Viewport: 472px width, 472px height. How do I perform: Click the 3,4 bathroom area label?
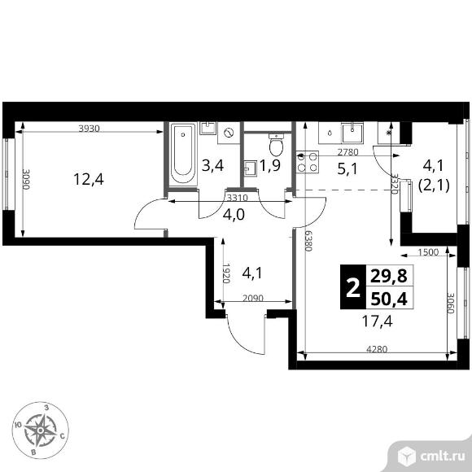pyautogui.click(x=212, y=166)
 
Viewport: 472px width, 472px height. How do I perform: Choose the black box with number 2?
pyautogui.click(x=352, y=288)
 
